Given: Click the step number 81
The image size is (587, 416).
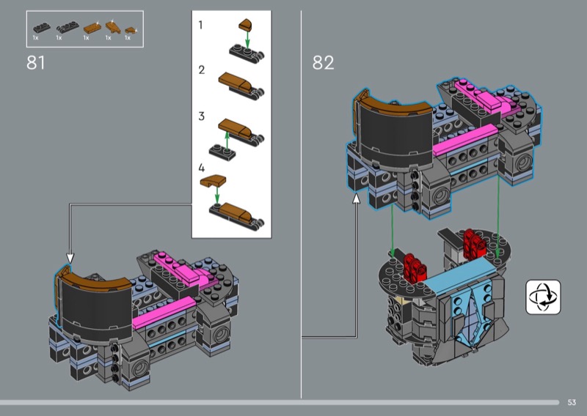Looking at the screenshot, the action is coord(36,62).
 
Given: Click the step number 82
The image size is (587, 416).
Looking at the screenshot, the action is coord(323,62).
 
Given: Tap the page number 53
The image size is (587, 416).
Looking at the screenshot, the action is coord(572,402).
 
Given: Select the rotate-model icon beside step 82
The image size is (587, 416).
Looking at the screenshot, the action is coord(543,297).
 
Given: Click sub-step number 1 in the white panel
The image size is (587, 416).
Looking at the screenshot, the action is coord(200,25).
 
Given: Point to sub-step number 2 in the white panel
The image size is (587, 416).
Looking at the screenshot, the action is coord(201,70).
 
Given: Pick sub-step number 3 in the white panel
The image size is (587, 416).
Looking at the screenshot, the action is coord(201,116).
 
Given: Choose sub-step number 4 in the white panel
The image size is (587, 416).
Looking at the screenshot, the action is coord(201,168).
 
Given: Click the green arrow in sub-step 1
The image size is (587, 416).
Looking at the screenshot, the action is coord(247,40).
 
